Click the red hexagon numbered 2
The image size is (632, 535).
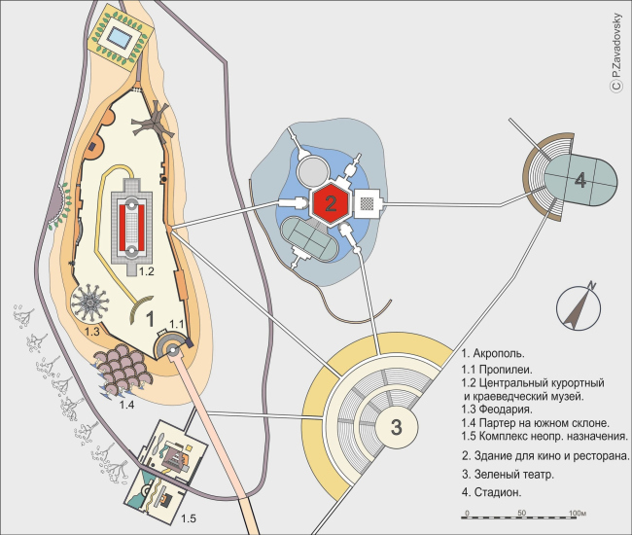pos(331,204)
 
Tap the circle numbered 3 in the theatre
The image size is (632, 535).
pos(397,427)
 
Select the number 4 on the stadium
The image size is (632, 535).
pos(580,180)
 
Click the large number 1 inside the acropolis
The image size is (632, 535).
pos(150,319)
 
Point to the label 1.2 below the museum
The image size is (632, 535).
pos(147,271)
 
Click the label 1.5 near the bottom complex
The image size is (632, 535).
pos(189,518)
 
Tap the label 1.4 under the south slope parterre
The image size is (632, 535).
pos(126,405)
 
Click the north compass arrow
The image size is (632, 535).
pos(578,306)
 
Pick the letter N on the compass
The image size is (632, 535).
pos(591,285)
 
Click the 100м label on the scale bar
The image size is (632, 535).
pos(578,514)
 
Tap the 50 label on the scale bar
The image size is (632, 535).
pos(522,514)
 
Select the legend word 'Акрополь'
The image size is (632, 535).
pos(499,354)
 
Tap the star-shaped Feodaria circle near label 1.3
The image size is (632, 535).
pos(89,302)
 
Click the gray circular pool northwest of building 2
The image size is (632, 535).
pos(313,171)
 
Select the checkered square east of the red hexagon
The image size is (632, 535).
pos(367,204)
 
